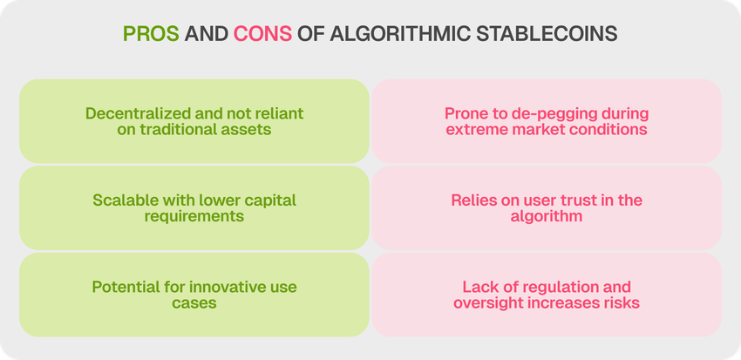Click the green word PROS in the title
click(151, 34)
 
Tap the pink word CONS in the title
click(262, 34)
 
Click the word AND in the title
click(207, 34)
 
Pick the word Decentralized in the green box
click(138, 113)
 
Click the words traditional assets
click(206, 129)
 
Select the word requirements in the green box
click(194, 217)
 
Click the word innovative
click(226, 287)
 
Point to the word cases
click(194, 302)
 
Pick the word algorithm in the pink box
click(547, 216)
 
